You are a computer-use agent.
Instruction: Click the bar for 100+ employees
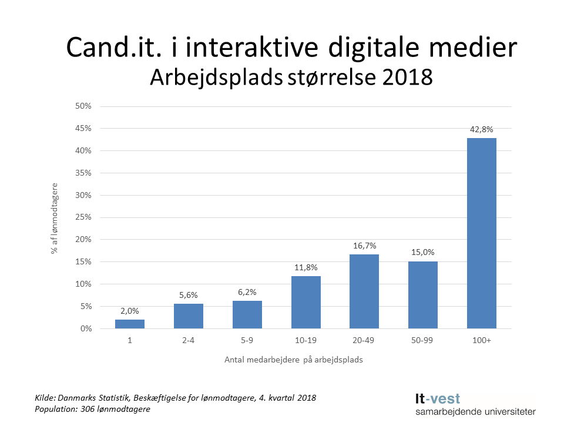pos(481,233)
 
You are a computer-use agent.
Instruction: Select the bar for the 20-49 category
pos(364,291)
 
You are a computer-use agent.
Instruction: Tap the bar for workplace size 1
pos(130,324)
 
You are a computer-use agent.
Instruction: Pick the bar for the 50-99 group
pos(423,295)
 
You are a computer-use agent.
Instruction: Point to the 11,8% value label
pos(305,268)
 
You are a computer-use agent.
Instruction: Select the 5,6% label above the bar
pos(189,296)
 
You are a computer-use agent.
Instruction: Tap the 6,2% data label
pos(247,293)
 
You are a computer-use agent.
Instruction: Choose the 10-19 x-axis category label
pos(305,341)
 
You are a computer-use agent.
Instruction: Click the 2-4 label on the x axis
pos(189,341)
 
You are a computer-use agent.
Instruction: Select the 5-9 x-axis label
pos(247,341)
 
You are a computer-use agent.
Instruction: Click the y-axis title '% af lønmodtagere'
pos(55,217)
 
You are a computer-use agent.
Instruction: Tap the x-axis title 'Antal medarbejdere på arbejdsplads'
pos(293,360)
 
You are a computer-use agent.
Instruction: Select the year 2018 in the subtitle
pos(404,77)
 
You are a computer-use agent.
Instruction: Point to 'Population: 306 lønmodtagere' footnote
pos(93,409)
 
